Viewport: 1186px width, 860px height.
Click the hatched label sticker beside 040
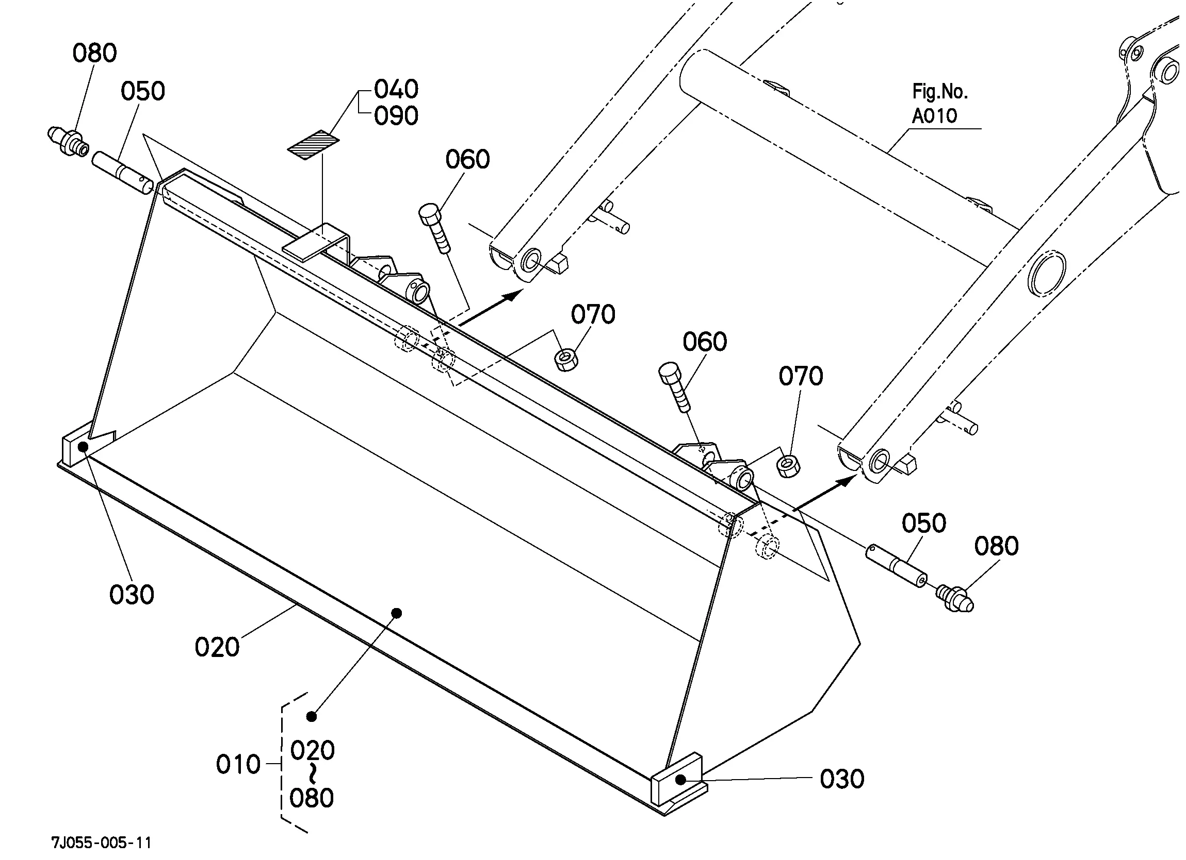click(313, 144)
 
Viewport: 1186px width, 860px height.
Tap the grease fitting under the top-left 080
click(68, 142)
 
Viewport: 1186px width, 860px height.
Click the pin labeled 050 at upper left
click(123, 173)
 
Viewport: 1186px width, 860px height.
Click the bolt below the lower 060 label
click(674, 387)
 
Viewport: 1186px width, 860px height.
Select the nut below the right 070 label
click(788, 465)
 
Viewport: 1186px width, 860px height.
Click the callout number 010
click(238, 764)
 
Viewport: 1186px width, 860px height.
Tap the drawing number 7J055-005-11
click(102, 842)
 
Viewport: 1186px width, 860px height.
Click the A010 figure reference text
click(934, 115)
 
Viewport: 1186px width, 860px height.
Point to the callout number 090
click(396, 116)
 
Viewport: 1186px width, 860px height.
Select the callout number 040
click(396, 89)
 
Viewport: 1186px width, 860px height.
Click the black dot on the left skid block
click(83, 447)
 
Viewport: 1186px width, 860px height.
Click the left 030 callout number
click(131, 595)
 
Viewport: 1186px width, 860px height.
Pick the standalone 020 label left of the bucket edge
click(217, 647)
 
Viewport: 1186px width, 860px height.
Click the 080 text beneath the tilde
click(312, 798)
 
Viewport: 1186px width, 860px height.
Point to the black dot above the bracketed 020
click(312, 716)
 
